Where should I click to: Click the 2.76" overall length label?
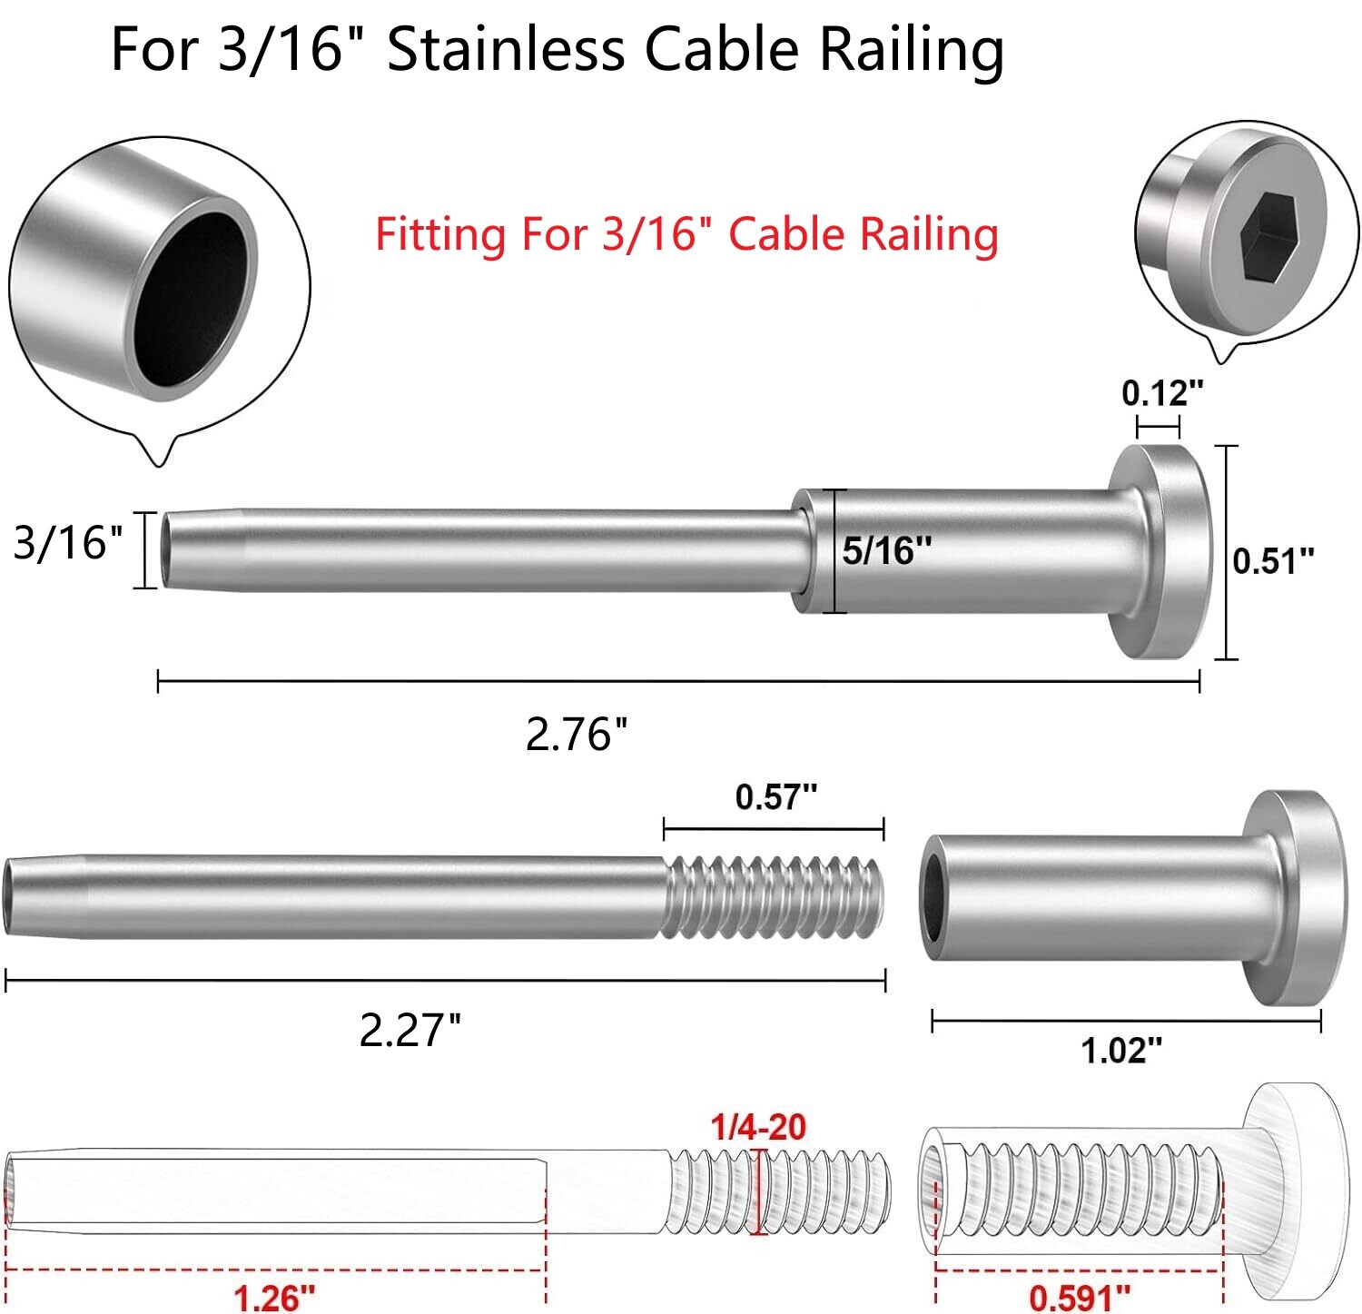click(577, 734)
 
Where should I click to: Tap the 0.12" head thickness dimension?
click(1161, 394)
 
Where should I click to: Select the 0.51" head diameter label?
click(1272, 561)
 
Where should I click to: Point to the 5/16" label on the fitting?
click(886, 550)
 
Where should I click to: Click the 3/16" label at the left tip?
click(67, 543)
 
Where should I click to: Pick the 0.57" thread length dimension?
click(775, 797)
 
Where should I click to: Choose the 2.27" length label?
click(410, 1031)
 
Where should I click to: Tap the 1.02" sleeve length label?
click(1120, 1051)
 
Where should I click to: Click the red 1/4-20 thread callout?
click(758, 1127)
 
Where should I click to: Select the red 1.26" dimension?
click(274, 1297)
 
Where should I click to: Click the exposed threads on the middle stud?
click(772, 896)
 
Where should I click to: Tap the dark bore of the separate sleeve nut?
click(934, 899)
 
